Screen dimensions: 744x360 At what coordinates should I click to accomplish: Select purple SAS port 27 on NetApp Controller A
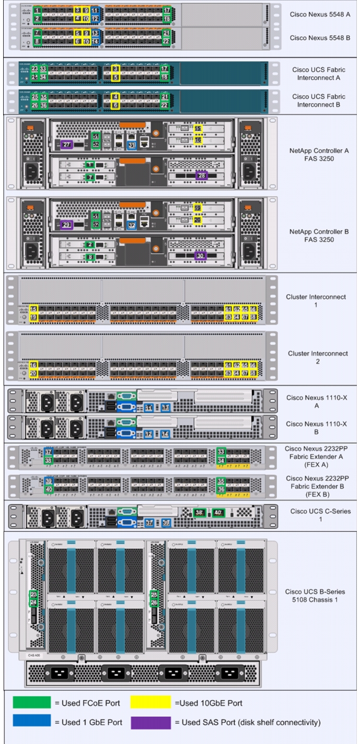66,144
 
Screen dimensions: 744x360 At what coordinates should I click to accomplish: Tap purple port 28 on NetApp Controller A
202,176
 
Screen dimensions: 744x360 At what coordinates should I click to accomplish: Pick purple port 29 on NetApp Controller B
66,225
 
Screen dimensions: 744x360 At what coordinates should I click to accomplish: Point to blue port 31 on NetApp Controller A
132,144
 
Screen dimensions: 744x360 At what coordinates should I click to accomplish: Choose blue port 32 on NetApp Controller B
132,225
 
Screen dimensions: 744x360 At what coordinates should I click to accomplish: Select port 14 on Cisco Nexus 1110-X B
166,434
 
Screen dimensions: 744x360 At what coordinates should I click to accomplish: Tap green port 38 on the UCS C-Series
199,513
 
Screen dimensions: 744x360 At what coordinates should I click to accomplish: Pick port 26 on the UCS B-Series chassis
154,602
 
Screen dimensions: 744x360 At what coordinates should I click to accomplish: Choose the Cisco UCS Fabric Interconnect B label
315,100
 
